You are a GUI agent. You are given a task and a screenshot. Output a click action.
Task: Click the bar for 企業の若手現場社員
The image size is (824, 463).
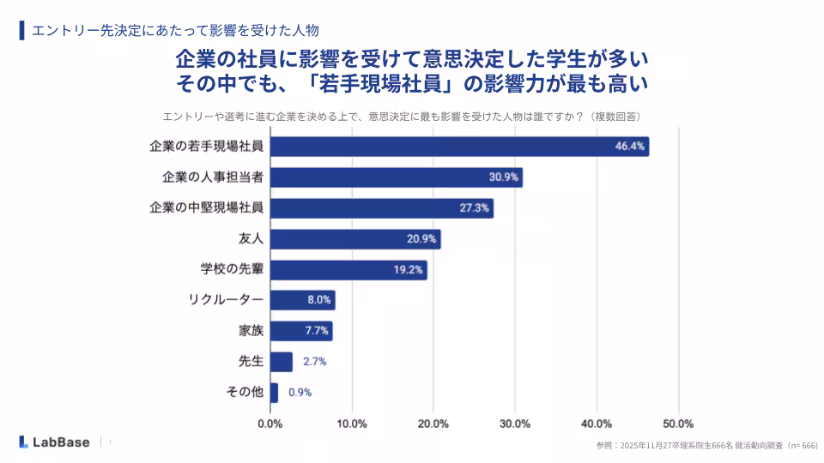pos(459,147)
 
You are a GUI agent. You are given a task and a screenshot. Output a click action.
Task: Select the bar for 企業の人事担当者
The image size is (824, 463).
pos(396,177)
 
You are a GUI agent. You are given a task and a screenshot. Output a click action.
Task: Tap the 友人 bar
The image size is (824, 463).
pos(354,239)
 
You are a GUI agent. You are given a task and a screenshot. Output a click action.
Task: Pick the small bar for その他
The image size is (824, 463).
pos(274,393)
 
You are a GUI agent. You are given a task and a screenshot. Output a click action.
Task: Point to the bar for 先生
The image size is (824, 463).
pos(281,362)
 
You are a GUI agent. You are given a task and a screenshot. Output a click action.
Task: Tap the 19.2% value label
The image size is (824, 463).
pos(408,270)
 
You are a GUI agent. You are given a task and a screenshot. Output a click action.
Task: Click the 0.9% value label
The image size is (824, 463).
pos(300,393)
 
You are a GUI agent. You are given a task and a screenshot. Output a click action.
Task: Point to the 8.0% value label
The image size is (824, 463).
pos(318,300)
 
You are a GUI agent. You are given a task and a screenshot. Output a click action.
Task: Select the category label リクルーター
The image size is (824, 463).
pos(225,300)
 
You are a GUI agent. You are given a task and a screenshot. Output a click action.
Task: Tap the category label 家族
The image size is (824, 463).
pos(251,331)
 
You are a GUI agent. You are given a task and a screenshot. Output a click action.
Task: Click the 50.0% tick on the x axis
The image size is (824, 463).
pos(678,424)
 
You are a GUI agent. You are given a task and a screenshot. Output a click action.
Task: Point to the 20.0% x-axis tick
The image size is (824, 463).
pos(433,424)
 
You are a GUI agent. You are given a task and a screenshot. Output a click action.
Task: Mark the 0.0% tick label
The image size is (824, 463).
pos(270,424)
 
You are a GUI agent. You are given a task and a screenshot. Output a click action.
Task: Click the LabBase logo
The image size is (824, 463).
pos(53,442)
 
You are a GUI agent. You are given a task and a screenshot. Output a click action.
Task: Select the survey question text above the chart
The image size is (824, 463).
pos(403,116)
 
